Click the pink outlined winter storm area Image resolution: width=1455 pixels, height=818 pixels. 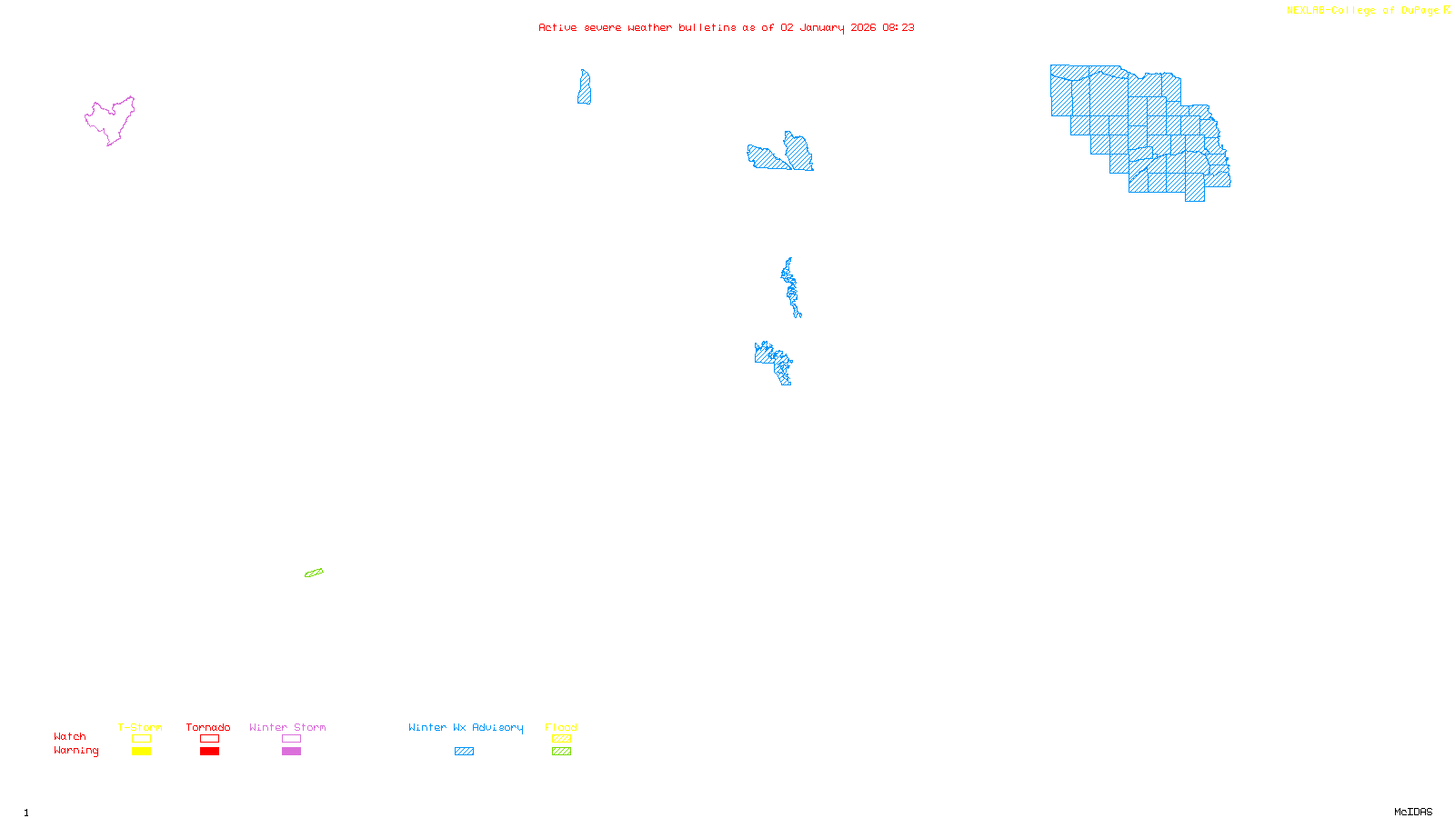tap(109, 120)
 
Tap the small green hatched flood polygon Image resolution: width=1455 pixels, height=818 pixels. tap(314, 573)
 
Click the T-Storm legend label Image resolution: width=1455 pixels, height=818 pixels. tap(140, 727)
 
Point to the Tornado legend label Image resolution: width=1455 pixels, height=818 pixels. tap(208, 727)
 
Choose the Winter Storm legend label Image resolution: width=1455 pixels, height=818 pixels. tap(287, 727)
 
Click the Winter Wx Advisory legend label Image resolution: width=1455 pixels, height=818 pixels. tap(466, 727)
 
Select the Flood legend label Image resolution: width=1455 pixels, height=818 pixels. tap(561, 727)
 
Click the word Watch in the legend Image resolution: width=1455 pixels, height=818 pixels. tap(70, 737)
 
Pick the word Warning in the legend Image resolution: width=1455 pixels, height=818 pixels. tap(75, 751)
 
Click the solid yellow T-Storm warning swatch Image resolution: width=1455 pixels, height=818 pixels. tap(141, 752)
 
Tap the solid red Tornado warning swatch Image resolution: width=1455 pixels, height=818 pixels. tap(209, 752)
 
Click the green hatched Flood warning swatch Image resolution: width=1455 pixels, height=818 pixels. tap(561, 752)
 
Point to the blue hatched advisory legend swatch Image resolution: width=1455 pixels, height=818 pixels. tap(464, 752)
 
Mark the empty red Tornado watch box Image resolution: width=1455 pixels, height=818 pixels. tap(209, 739)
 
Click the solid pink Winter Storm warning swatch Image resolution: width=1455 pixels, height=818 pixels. tap(291, 752)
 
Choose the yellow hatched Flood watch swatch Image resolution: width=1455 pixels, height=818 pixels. tap(561, 739)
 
